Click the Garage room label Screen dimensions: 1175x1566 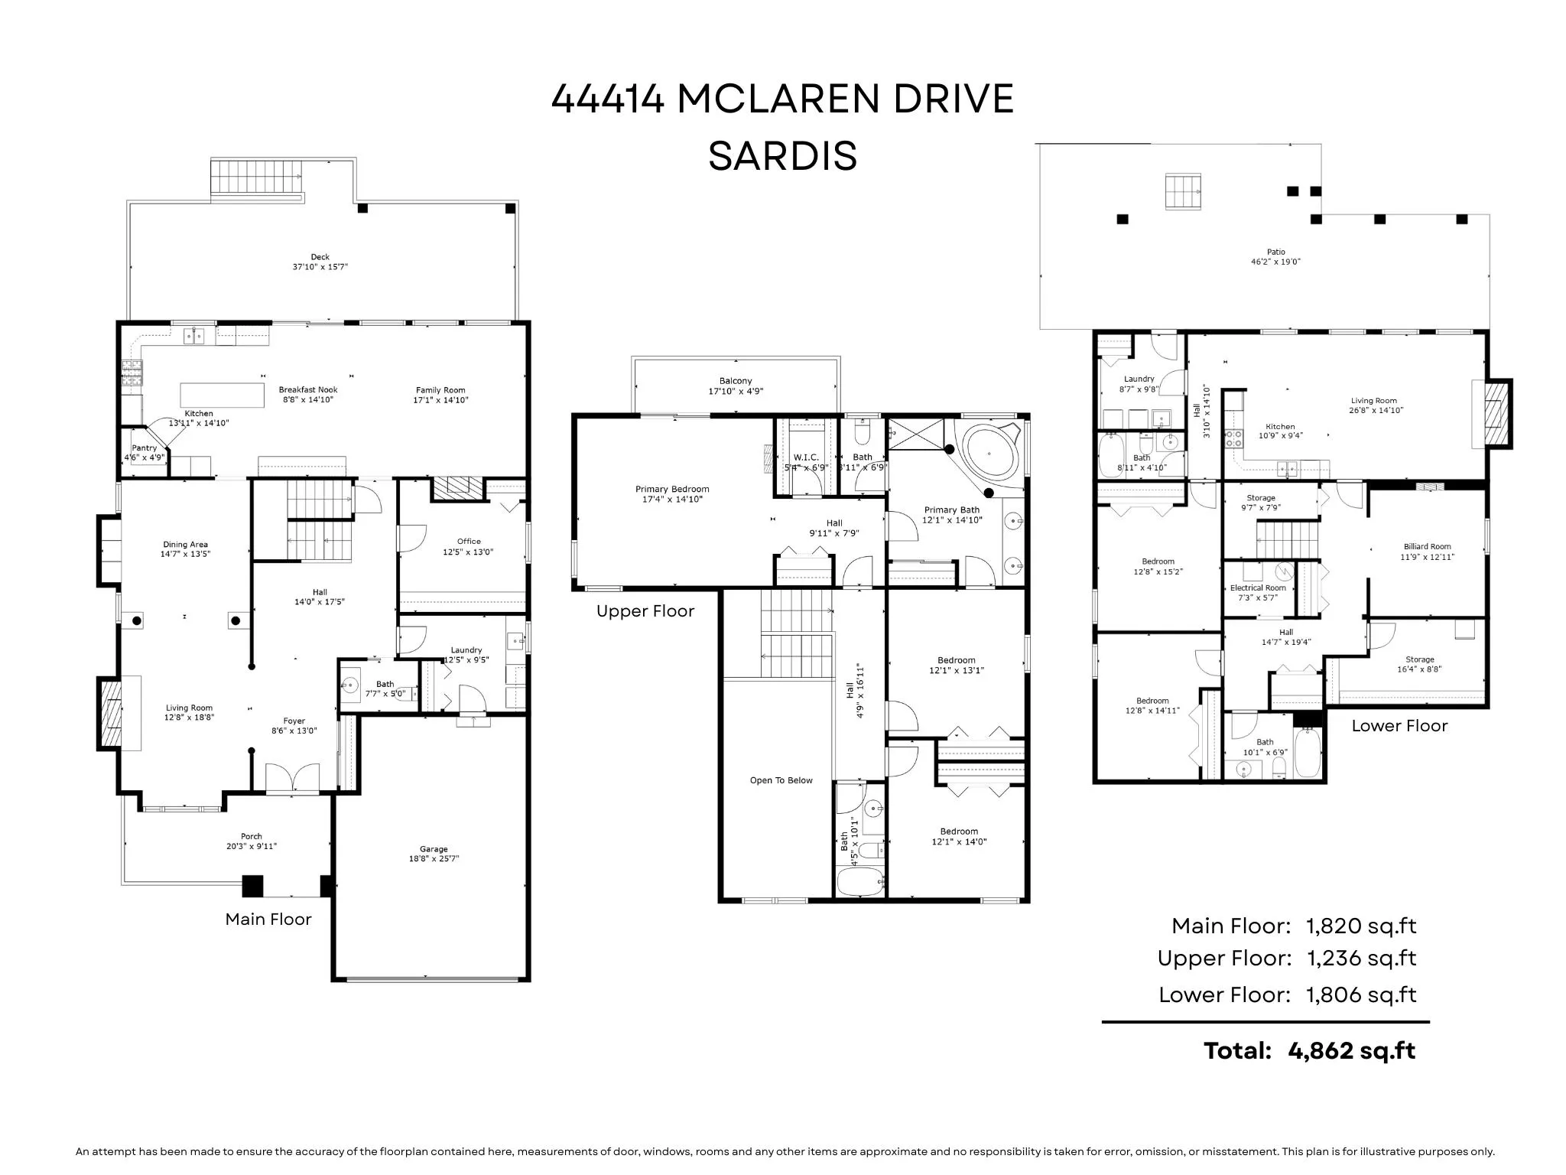click(434, 849)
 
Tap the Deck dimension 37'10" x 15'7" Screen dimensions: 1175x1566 click(320, 267)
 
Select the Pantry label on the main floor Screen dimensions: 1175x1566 click(145, 448)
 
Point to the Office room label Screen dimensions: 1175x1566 click(469, 541)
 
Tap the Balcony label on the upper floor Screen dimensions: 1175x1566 click(736, 381)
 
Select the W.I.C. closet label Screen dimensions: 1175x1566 click(806, 457)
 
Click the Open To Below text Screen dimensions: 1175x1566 click(781, 780)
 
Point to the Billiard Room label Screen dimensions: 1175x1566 click(1427, 547)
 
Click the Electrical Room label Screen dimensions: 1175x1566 click(1258, 588)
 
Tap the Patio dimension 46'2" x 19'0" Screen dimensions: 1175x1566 click(1275, 262)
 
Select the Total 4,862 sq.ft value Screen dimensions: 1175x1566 click(1351, 1051)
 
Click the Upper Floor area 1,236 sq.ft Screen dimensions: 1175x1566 click(1361, 958)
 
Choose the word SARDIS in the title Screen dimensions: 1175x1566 click(782, 156)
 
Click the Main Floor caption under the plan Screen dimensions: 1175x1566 click(268, 919)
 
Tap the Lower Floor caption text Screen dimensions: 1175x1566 click(1399, 726)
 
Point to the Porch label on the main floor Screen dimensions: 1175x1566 click(251, 836)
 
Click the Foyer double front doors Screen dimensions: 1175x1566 click(292, 779)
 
